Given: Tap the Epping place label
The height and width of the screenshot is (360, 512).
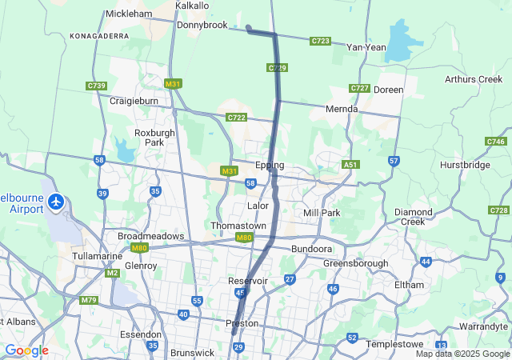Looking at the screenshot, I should [270, 166].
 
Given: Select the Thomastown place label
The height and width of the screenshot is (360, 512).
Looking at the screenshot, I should [238, 226].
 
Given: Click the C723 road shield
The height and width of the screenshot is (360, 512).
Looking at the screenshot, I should [321, 40].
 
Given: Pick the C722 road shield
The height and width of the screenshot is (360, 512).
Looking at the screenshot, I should [236, 118].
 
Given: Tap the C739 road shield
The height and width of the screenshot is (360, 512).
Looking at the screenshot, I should [97, 86].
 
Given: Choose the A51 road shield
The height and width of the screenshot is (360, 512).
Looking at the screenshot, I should [350, 165].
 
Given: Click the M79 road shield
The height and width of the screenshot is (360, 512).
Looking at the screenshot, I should [89, 300].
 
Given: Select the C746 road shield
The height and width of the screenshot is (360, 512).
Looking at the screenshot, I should [495, 142].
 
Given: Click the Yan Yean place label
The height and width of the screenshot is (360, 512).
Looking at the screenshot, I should [366, 47].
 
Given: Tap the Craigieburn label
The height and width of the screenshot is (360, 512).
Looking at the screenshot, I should [133, 101].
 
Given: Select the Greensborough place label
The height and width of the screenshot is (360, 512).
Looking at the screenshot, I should [355, 263].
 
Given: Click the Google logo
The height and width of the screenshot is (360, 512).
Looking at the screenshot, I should [26, 350].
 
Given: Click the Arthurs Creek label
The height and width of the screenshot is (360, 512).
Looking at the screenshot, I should [474, 79].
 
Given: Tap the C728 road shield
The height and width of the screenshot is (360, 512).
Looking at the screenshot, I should [498, 210].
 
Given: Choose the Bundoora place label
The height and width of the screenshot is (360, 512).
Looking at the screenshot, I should [310, 250].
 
